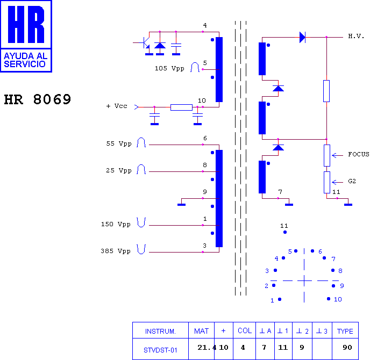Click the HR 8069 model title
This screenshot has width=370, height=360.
tap(38, 99)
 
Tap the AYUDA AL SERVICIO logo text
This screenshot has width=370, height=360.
tap(25, 60)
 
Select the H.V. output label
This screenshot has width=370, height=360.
tap(356, 37)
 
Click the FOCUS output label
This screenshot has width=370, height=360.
tap(359, 154)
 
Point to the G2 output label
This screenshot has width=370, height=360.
tap(352, 181)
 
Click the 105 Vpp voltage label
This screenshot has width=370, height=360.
tap(169, 68)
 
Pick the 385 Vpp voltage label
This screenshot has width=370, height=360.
tap(116, 251)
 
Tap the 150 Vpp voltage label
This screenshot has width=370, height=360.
tap(116, 224)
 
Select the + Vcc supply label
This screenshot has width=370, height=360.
tap(117, 106)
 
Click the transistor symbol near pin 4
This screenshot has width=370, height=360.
tap(145, 43)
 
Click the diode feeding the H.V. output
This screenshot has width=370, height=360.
tap(302, 37)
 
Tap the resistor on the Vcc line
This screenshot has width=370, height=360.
tap(181, 107)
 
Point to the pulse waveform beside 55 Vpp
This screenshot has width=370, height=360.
tap(141, 142)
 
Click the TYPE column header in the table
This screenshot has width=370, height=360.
tap(345, 331)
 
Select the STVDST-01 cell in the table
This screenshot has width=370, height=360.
tap(160, 350)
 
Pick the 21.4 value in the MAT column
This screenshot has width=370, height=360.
tap(207, 347)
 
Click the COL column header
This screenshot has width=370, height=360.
tap(245, 331)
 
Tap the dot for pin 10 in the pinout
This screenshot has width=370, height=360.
tap(329, 299)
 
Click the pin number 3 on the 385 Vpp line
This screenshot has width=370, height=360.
tap(204, 246)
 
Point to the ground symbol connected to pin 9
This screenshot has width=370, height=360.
tap(181, 205)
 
